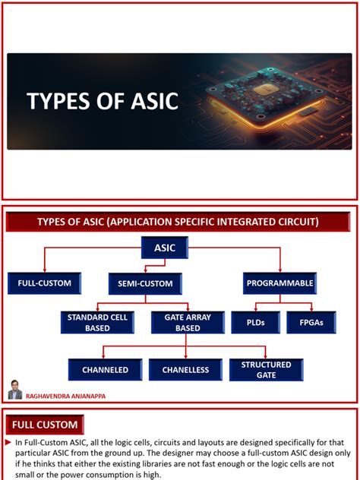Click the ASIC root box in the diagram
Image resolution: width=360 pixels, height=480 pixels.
point(164,248)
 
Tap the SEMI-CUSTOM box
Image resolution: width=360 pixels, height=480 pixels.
point(144,283)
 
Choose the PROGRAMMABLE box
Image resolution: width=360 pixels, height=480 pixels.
point(280,283)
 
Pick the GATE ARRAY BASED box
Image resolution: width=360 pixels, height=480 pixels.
point(182,323)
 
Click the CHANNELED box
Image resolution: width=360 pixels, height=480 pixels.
point(105,370)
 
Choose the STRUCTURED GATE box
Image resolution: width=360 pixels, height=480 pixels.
point(266,370)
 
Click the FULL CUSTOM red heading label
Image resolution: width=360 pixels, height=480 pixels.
point(45,424)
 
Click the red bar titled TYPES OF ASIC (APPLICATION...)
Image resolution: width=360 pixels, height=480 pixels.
point(179,221)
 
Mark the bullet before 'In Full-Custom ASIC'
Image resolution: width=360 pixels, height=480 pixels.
point(9,442)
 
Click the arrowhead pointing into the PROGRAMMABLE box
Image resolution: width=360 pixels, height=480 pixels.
point(280,270)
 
